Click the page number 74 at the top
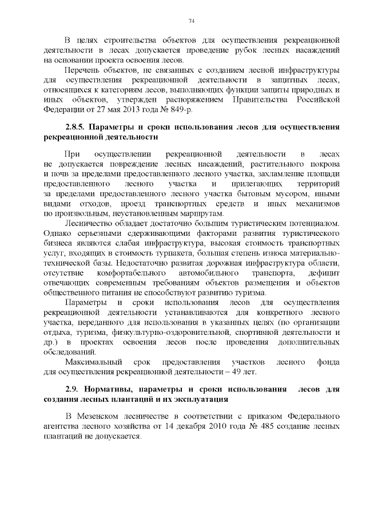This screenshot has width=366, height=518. pos(192,21)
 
